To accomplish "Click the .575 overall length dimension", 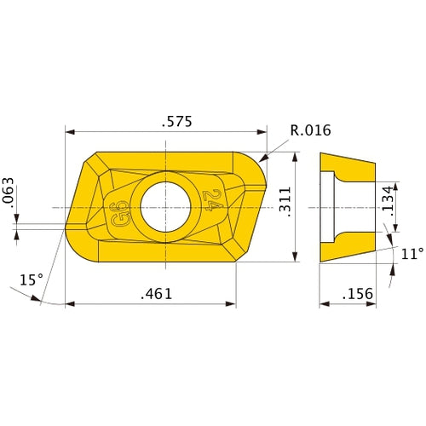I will point(176,121).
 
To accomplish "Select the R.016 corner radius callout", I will point(310,130).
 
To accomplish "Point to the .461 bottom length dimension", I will point(154,293).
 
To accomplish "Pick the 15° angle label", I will point(31,279).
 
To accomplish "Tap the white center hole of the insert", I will point(166,208).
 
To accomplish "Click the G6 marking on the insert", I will point(120,210).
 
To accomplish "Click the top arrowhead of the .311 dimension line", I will point(295,158).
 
